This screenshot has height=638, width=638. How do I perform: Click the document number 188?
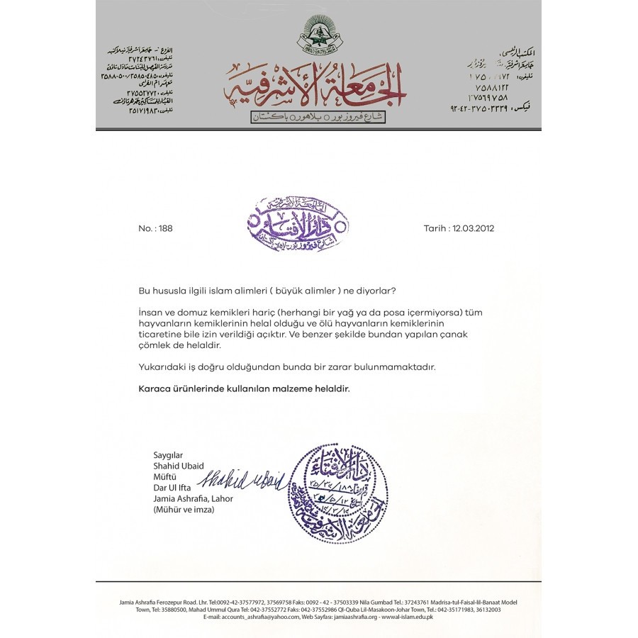coord(166,228)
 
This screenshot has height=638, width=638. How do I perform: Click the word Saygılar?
coord(168,455)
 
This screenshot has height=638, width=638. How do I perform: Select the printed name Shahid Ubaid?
coord(178,466)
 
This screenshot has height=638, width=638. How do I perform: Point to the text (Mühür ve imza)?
coord(183,509)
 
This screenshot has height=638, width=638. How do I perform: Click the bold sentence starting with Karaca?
coord(243,388)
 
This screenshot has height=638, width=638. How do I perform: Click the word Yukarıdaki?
coord(159,366)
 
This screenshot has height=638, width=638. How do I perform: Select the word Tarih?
coord(435,228)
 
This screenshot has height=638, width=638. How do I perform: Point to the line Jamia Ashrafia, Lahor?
coord(193,498)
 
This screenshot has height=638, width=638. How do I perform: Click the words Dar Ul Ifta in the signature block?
coord(172,488)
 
